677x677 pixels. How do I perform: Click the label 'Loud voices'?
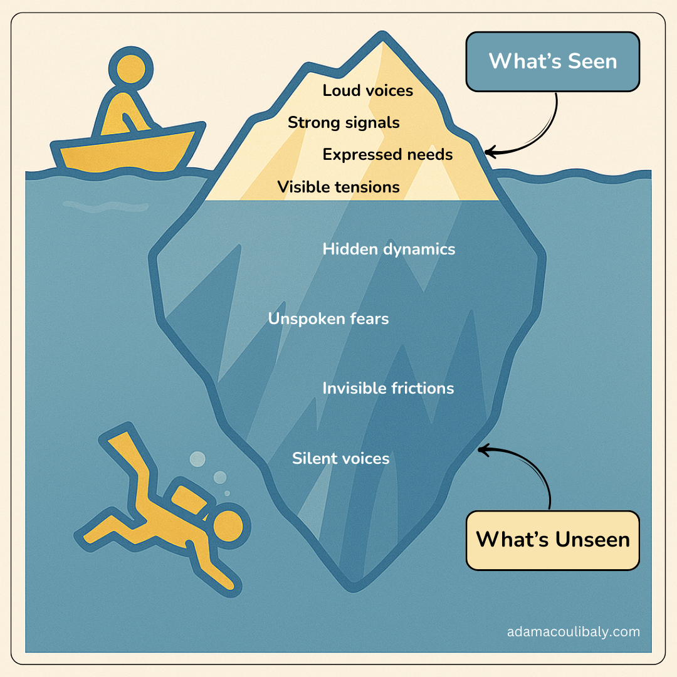tap(367, 91)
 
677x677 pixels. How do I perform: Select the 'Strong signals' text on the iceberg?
tap(344, 123)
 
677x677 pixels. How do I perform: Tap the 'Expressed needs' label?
tap(387, 154)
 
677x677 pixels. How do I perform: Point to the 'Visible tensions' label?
tap(338, 187)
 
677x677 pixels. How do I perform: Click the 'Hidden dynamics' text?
tap(389, 249)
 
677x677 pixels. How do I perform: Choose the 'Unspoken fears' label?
tap(328, 319)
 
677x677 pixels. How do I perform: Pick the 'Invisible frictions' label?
tap(388, 389)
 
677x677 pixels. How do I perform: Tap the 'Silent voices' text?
tap(340, 459)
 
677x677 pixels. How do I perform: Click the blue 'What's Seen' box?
tap(552, 61)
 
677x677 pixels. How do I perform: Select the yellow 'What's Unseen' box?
tap(552, 540)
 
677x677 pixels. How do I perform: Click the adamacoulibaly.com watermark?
tap(573, 632)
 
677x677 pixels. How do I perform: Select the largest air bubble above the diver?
tap(197, 459)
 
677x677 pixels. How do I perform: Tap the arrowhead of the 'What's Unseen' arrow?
tap(481, 449)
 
